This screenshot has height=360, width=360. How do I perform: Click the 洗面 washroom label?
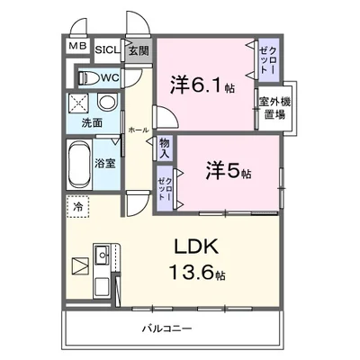(x=93, y=122)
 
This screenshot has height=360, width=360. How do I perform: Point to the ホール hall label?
(x=138, y=130)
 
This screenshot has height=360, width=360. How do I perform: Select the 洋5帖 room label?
(x=226, y=168)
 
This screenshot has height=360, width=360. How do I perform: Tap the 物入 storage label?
(x=165, y=148)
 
